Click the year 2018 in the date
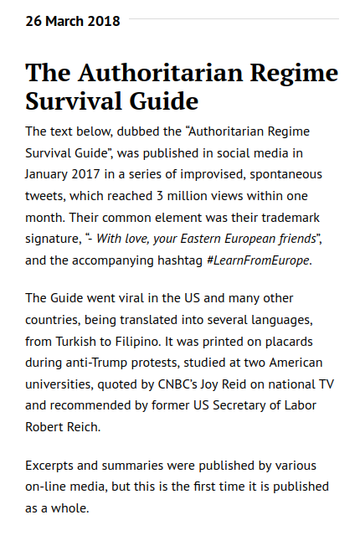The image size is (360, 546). (x=104, y=21)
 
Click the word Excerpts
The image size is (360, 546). (x=50, y=465)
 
